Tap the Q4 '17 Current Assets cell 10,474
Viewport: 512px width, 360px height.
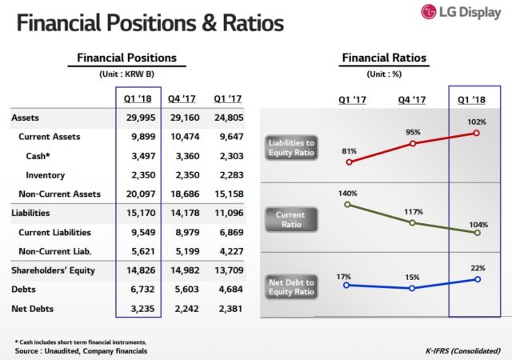[x=182, y=137]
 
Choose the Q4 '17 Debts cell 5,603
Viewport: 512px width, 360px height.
[x=182, y=289]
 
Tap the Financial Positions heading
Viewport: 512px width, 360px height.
[x=126, y=58]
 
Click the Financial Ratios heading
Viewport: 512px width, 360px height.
[x=384, y=58]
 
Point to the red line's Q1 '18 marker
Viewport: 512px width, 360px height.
[x=477, y=133]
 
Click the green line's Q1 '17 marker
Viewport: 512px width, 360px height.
[x=347, y=204]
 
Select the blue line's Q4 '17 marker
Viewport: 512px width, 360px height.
[x=412, y=287]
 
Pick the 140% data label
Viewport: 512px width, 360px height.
[x=347, y=193]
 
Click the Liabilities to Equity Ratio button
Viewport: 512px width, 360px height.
[x=290, y=147]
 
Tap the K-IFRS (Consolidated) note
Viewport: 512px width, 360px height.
[x=463, y=350]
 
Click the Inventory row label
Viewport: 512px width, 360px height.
[x=45, y=174]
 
